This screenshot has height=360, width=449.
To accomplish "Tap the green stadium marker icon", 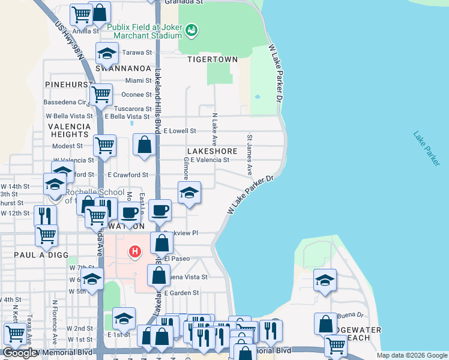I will pos(192,29).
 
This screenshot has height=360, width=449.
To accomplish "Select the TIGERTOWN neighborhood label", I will pos(212,60).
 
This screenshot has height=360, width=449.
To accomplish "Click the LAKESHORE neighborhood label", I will pos(212,151).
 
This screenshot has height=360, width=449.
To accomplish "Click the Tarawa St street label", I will pos(136,53).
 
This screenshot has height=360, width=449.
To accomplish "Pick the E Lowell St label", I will pos(180,131).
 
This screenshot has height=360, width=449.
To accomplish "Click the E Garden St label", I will pos(184,293).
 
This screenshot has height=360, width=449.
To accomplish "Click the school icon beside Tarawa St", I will pos(107,54).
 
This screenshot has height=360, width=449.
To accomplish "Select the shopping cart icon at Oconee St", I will pos(101,94).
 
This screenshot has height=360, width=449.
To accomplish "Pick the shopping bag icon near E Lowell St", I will pos(144,145).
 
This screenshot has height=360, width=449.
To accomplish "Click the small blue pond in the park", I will pos(258,96).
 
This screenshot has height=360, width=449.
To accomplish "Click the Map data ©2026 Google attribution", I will pos(411,355).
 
